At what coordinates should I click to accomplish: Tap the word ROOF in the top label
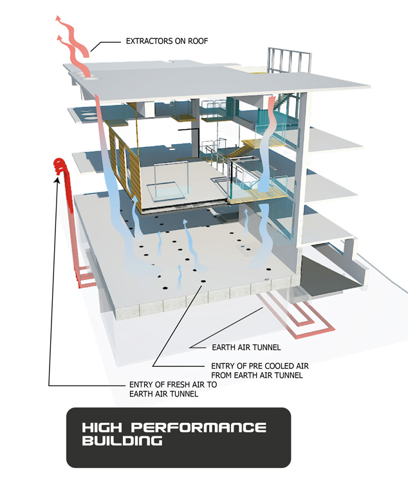[198, 41]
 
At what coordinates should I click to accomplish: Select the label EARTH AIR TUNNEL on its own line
[246, 347]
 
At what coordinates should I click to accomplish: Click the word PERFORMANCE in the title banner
[199, 427]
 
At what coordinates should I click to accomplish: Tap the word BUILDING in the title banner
[122, 441]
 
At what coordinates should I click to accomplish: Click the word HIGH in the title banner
[102, 427]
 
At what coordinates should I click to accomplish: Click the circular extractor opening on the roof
[91, 78]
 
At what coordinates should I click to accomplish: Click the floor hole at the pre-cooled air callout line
[203, 281]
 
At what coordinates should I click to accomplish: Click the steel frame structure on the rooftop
[289, 61]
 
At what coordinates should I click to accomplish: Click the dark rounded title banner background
[178, 437]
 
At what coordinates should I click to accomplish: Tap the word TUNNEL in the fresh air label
[184, 394]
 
